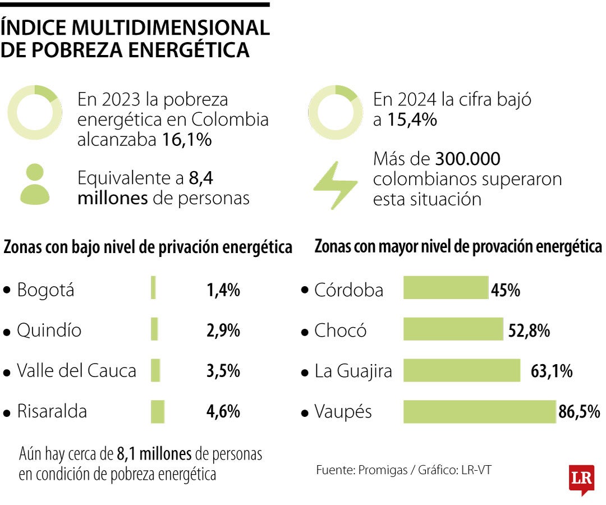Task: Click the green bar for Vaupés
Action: (x=480, y=411)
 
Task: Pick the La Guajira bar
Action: (x=462, y=370)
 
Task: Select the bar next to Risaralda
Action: (x=157, y=411)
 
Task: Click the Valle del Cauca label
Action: (x=76, y=371)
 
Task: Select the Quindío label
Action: (x=49, y=330)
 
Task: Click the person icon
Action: (x=35, y=184)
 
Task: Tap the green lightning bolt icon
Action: (x=335, y=185)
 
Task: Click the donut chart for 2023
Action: (x=35, y=112)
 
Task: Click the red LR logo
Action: (x=581, y=479)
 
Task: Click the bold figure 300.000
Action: (x=468, y=159)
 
